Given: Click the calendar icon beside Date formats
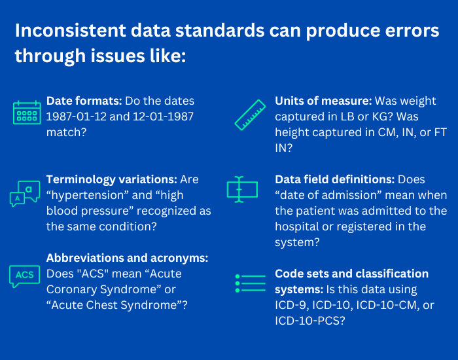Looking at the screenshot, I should (27, 113).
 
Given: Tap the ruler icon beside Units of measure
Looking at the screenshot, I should (251, 113).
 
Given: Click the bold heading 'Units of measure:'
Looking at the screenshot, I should (323, 101).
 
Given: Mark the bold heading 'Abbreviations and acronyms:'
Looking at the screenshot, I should (127, 258).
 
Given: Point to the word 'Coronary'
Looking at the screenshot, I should (71, 289).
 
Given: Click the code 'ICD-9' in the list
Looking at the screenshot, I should (291, 304).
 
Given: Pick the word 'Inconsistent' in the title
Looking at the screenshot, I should (64, 31).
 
